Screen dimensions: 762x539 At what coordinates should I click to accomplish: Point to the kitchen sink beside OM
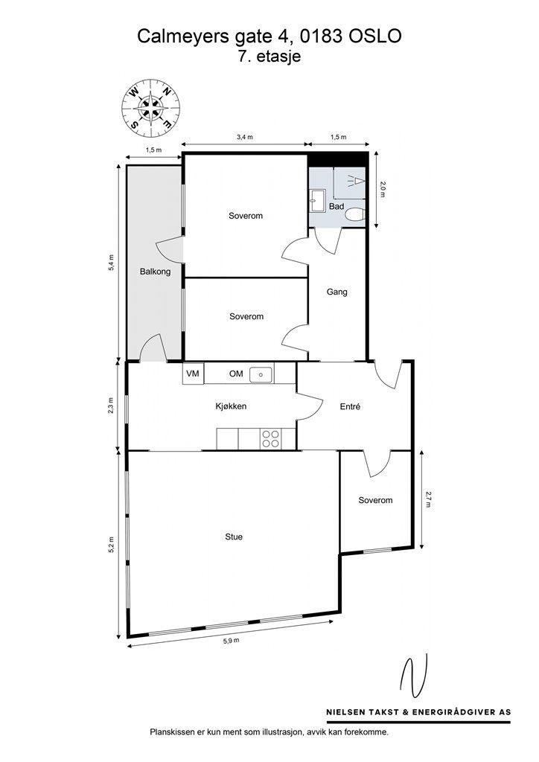click(x=262, y=374)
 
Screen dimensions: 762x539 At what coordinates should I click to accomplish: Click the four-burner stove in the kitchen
click(x=269, y=440)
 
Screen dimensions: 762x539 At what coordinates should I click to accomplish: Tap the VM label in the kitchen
click(x=193, y=374)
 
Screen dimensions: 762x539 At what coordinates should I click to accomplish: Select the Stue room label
click(x=234, y=536)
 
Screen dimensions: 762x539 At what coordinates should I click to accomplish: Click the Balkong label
click(x=155, y=272)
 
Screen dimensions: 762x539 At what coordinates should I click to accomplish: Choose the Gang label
click(x=337, y=292)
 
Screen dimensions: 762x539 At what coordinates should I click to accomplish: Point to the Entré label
click(x=350, y=406)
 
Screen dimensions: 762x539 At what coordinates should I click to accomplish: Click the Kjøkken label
click(x=230, y=406)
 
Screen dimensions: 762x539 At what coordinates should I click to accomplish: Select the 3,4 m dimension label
click(x=245, y=138)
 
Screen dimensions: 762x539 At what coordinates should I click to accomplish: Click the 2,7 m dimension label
click(x=429, y=498)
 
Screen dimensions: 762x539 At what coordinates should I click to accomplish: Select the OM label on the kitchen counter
click(x=236, y=374)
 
